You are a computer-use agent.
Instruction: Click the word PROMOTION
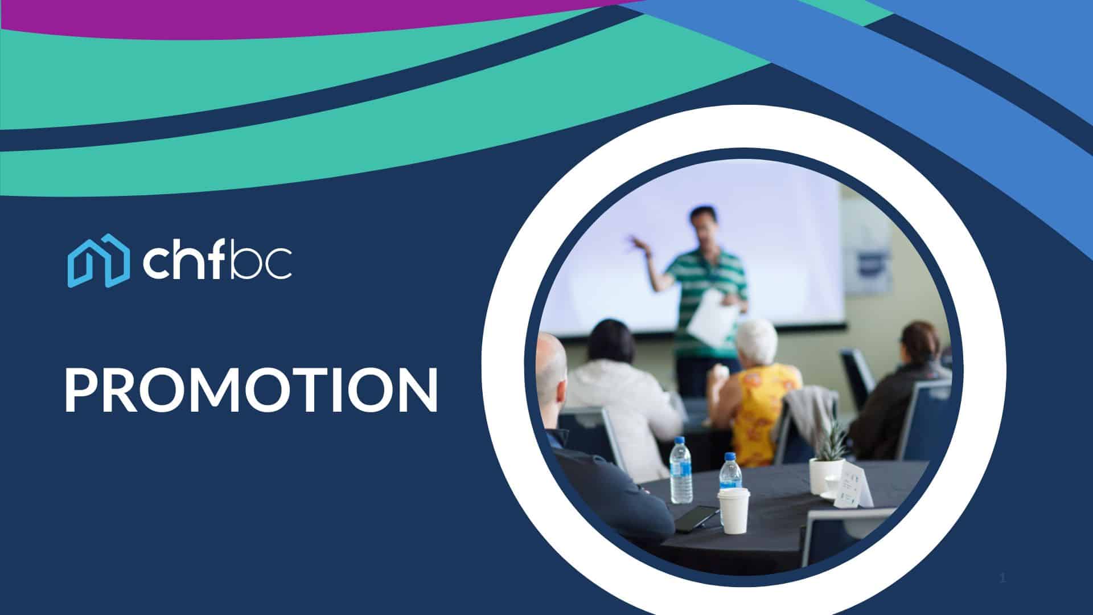(251, 389)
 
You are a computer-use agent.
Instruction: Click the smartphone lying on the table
(696, 517)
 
